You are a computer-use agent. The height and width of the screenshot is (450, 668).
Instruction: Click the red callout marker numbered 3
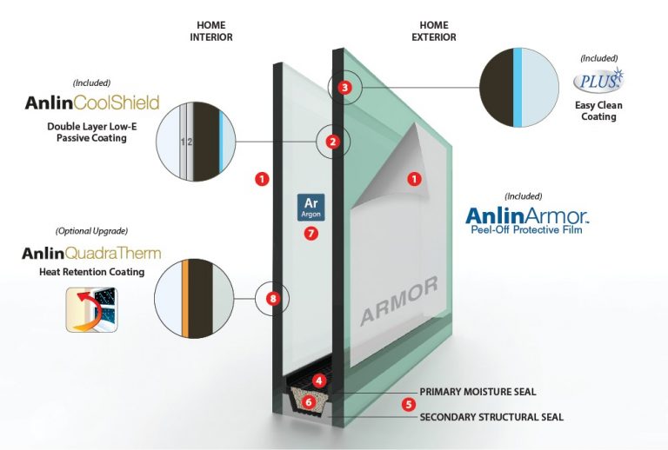tap(344, 87)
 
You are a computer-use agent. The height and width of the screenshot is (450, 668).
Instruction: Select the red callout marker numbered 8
tap(273, 299)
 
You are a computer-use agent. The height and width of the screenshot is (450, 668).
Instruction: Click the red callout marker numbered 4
tap(319, 380)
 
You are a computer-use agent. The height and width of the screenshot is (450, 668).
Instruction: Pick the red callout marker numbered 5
tap(408, 404)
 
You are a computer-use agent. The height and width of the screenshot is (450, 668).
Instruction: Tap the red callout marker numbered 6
tap(307, 401)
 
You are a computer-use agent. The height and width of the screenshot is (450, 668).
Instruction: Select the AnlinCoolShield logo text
tap(92, 103)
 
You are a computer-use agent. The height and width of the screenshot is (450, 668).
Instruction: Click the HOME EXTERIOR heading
tap(431, 31)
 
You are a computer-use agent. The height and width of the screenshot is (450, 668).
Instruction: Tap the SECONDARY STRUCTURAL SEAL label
tap(491, 418)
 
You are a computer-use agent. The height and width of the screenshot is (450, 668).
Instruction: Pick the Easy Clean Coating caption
tap(598, 111)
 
